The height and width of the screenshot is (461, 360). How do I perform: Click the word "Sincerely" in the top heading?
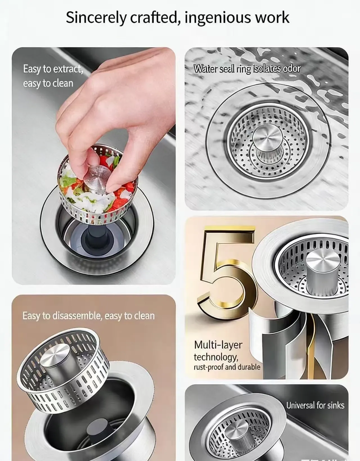click(x=96, y=18)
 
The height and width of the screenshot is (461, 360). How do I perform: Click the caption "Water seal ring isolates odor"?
click(x=247, y=69)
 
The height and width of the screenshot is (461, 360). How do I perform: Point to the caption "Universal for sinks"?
click(x=315, y=405)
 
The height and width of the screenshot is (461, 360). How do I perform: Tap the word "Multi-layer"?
click(x=218, y=345)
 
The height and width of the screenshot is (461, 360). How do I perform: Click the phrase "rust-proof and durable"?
click(x=227, y=367)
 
